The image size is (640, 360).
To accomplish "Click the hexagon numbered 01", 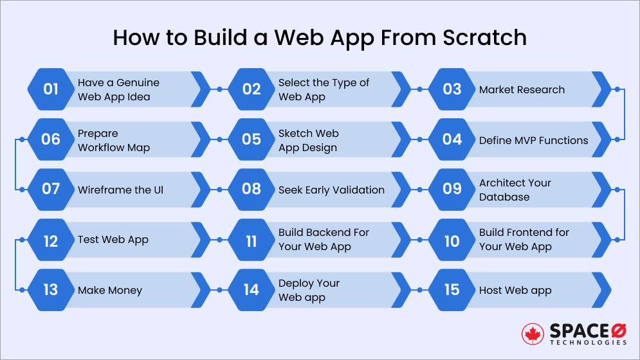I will pos(51,89).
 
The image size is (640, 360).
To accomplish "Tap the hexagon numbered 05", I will pos(251,140).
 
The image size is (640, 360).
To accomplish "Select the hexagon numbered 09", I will pos(452,189).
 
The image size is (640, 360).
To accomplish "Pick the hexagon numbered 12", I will pos(51,240).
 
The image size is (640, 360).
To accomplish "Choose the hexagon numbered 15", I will pos(452,290).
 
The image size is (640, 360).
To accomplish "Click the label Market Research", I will pos(522,89).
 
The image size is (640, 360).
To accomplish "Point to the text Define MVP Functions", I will pos(533,140).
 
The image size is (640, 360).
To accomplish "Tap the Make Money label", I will pos(109,290).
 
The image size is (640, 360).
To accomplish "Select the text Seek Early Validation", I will pos(331,190).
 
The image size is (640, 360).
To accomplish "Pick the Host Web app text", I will pos(515,290).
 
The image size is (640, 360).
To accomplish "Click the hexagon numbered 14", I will pos(251,290).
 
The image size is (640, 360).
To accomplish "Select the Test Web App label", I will pos(113,240).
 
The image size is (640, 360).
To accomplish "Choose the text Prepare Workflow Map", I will pos(114,140).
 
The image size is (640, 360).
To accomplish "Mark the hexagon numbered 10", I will pos(452,240).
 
